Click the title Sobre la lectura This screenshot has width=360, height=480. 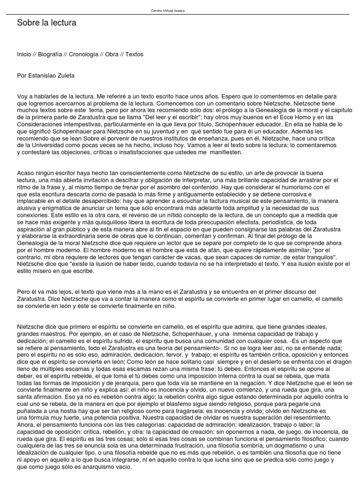click(46, 22)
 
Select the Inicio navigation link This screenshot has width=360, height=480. click(24, 54)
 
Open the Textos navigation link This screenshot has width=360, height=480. click(134, 54)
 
